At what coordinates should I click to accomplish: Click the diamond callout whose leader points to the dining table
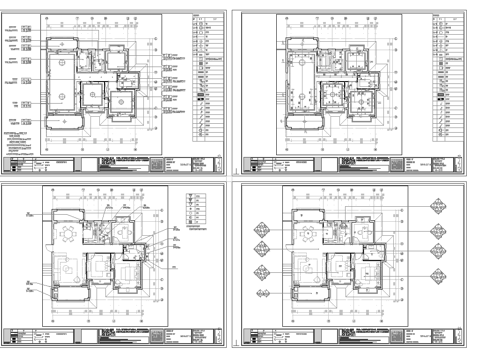tap(262, 229)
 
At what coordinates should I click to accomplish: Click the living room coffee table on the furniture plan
tap(67, 270)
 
